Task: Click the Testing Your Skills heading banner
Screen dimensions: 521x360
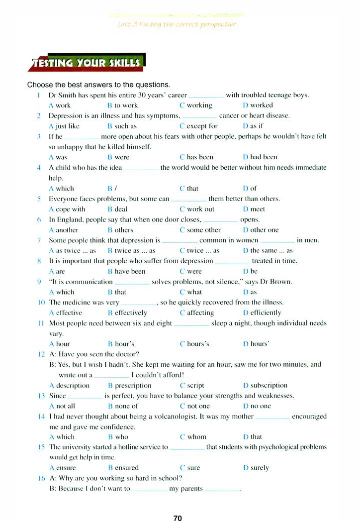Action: pyautogui.click(x=87, y=63)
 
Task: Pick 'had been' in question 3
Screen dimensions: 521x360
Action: pyautogui.click(x=264, y=157)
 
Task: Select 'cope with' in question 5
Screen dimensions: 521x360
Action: pyautogui.click(x=70, y=209)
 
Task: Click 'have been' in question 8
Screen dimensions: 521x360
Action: pyautogui.click(x=130, y=272)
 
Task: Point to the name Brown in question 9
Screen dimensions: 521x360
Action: pyautogui.click(x=280, y=282)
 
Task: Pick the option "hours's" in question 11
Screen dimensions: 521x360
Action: pyautogui.click(x=198, y=344)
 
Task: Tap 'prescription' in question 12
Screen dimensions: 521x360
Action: pyautogui.click(x=133, y=386)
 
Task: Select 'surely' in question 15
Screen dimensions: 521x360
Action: pyautogui.click(x=260, y=468)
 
